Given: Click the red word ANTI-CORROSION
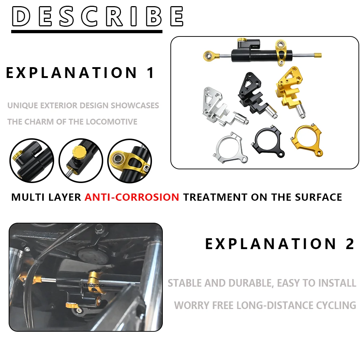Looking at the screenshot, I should [132, 197].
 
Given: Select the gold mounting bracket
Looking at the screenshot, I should [289, 92].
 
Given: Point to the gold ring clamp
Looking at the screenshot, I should [308, 141].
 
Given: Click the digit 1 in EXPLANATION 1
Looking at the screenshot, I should [151, 73].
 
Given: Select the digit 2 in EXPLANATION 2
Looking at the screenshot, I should [350, 244].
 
